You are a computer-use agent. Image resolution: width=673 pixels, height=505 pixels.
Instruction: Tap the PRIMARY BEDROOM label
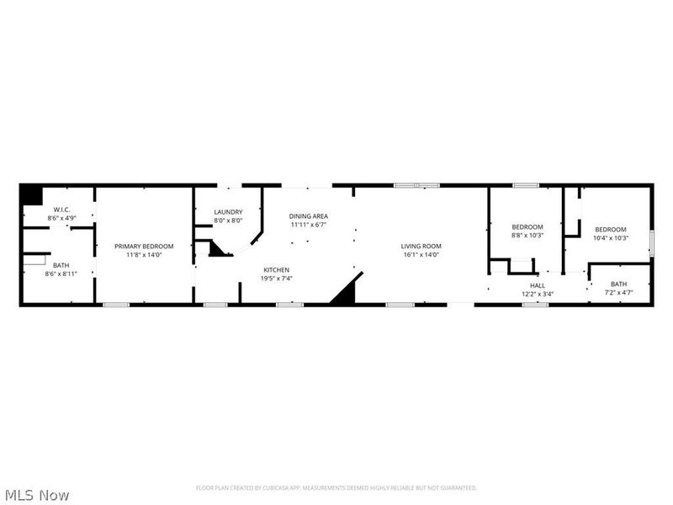point(144,246)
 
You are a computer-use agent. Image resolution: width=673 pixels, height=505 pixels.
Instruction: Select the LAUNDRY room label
point(228,212)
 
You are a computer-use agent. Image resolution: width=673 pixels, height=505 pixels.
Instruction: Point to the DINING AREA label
point(307,215)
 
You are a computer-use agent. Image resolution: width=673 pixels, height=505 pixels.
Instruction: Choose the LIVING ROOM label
point(421,246)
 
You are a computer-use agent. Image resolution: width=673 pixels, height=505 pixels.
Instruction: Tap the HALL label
point(538,285)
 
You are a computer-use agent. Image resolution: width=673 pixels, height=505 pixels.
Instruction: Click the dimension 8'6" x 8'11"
point(61,274)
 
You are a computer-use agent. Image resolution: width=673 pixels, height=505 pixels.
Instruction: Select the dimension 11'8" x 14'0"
point(144,254)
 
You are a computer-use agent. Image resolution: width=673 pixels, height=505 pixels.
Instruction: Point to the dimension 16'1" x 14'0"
point(421,254)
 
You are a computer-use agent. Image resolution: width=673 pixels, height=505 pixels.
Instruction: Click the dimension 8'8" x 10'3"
point(527,235)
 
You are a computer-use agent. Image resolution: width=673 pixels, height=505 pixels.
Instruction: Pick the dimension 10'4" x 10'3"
point(611,237)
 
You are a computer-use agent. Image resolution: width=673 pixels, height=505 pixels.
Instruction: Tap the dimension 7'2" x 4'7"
point(619,292)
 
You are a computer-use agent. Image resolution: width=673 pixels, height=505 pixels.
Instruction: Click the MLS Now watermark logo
point(36,495)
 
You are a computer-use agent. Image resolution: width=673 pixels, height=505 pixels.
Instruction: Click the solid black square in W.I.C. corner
point(31,194)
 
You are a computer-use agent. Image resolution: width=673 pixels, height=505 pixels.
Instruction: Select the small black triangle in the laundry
point(219,249)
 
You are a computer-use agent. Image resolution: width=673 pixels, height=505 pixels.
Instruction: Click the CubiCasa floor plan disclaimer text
point(336,487)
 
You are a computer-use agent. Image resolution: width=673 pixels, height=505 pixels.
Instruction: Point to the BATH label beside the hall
point(619,284)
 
